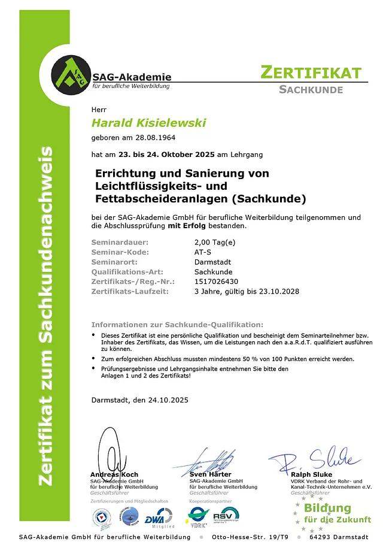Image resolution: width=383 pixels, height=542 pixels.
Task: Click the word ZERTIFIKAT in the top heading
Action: coord(311,73)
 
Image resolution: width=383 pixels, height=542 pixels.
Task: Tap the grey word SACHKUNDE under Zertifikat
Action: coord(311,90)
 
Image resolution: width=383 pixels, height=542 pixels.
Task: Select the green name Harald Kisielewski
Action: coord(148,123)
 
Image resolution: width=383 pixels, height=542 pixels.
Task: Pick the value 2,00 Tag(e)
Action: coord(215,242)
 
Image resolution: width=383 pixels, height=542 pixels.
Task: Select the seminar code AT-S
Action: coord(203,252)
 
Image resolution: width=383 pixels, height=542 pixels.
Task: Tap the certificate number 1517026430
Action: coord(217,281)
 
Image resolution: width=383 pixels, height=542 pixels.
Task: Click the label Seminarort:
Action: coord(114,262)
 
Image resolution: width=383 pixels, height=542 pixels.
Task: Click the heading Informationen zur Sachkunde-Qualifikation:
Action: coord(177,323)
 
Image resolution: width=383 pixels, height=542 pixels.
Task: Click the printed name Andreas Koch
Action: coord(114,474)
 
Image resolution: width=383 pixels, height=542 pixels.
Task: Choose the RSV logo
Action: coord(226,515)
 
